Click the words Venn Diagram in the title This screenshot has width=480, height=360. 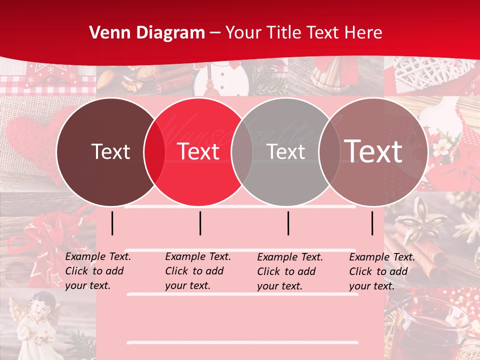point(147,33)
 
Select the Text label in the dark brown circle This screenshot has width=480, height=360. point(110,151)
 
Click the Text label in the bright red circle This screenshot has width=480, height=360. point(198,151)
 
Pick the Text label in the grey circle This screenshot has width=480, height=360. point(286,151)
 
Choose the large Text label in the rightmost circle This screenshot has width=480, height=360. point(373,151)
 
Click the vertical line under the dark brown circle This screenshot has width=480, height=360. point(112,223)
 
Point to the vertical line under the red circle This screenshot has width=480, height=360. point(200,223)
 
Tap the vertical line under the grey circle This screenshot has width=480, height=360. point(288,223)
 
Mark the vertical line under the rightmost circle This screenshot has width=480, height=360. point(372,223)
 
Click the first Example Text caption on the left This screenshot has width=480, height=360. point(98,271)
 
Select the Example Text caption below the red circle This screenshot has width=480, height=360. point(198,271)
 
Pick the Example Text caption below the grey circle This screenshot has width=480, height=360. point(290,271)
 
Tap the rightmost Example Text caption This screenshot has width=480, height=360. point(382,271)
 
